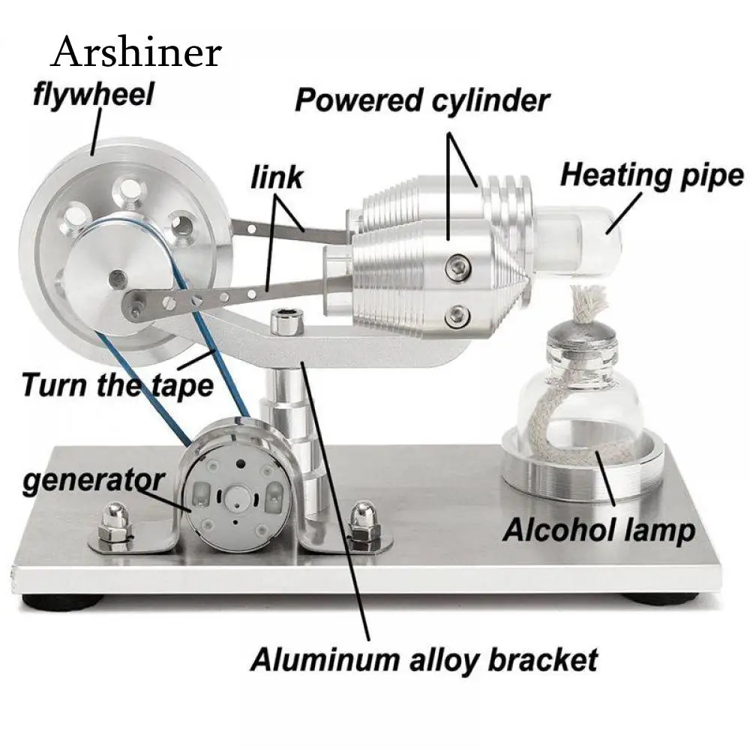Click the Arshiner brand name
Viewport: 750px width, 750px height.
coord(136,52)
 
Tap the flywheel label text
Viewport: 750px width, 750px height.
coord(94,94)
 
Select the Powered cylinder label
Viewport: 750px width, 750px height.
coord(422,101)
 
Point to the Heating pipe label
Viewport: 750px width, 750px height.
coord(652,175)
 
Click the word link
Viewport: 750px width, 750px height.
coord(277,178)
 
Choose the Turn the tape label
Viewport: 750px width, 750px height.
coord(118,385)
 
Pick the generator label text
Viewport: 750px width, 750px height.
coord(94,481)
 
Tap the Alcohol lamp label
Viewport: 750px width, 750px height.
coord(598,531)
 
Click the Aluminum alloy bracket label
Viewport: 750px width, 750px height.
coord(424,660)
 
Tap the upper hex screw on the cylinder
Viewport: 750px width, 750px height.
coord(458,266)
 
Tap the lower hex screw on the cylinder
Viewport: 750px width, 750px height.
coord(457,317)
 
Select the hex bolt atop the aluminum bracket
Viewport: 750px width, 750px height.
coord(286,322)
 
